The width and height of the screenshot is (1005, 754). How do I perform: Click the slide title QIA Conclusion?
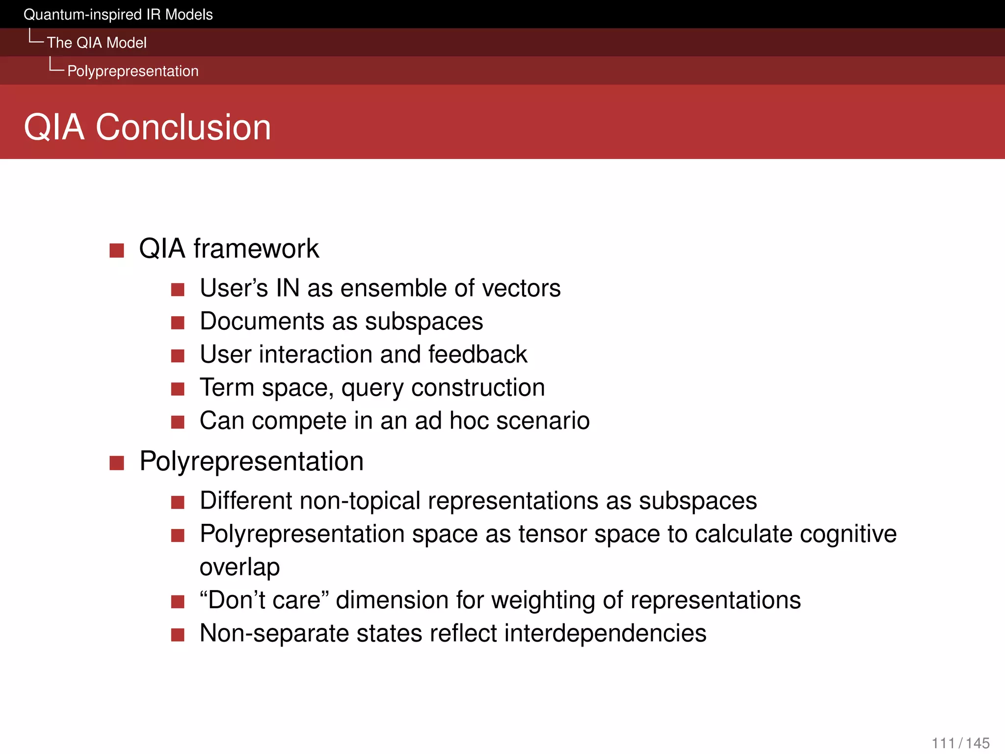[147, 127]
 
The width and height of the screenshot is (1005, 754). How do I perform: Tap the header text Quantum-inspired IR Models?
[118, 15]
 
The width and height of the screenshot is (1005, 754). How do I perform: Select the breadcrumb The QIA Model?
[97, 43]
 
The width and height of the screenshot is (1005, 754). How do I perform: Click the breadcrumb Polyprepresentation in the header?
[132, 71]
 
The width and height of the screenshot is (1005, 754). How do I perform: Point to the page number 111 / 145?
[960, 743]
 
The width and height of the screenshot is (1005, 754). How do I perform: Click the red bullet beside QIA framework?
[117, 250]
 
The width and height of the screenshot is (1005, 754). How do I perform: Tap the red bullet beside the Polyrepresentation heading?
[117, 463]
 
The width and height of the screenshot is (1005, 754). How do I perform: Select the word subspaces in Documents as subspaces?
[424, 322]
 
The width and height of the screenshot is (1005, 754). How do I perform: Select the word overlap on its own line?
[239, 567]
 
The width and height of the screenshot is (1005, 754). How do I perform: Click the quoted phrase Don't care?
[264, 600]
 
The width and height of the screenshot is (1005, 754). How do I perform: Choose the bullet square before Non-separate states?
[178, 635]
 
